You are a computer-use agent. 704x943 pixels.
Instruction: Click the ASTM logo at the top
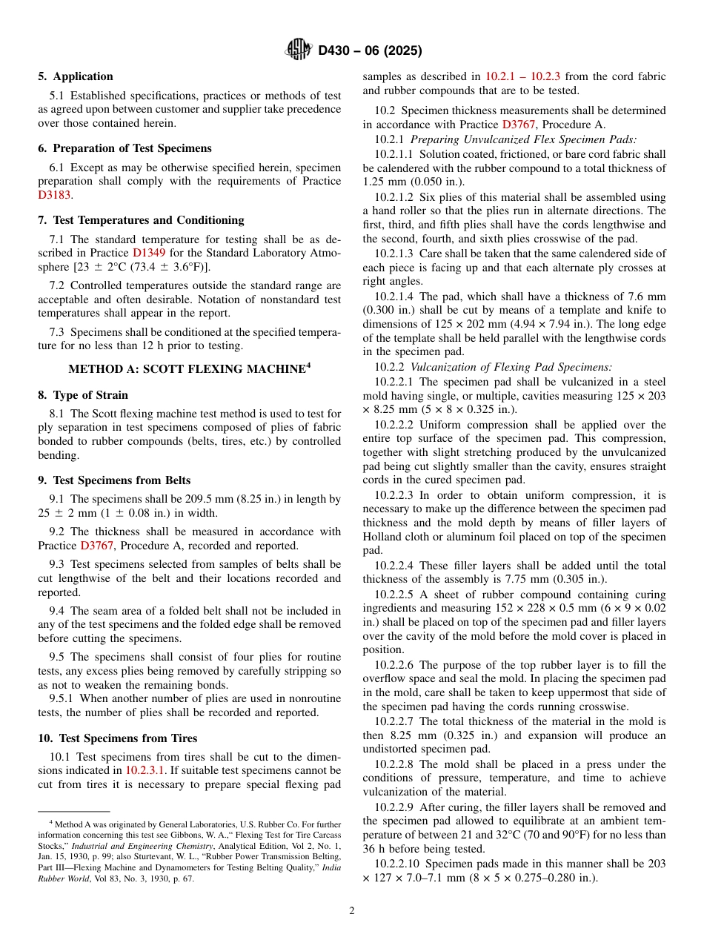point(299,50)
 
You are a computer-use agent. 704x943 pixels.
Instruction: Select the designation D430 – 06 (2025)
point(370,51)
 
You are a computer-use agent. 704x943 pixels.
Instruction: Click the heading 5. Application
point(76,76)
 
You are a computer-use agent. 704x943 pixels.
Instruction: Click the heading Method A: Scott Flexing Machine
point(189,368)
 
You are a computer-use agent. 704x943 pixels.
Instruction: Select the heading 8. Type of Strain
point(83,395)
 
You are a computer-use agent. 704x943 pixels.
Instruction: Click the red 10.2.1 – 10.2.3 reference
point(522,76)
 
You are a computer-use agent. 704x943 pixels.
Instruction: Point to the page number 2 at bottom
point(352,911)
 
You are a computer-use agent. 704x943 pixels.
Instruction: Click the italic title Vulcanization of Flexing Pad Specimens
point(511,367)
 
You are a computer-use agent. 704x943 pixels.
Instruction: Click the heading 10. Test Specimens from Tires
point(118,738)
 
